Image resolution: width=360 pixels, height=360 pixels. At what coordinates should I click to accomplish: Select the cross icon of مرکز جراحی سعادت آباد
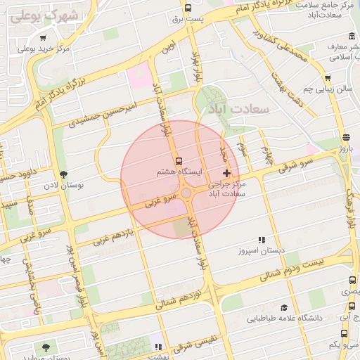226,172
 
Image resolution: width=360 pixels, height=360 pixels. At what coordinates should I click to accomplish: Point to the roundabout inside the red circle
186,193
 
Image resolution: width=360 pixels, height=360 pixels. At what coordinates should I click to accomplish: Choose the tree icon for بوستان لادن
65,174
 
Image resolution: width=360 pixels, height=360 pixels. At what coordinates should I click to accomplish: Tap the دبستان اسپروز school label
261,250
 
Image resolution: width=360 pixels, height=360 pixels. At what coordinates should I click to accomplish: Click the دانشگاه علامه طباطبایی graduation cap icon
283,307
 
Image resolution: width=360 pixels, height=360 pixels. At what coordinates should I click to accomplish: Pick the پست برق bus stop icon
187,8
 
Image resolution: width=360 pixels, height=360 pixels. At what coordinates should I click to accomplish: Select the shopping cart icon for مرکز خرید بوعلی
44,38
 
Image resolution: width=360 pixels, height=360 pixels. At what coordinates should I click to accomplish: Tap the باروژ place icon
345,137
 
